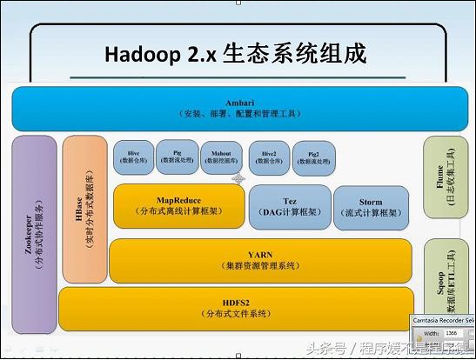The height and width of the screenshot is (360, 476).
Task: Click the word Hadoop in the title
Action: click(140, 53)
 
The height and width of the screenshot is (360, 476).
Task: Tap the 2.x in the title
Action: click(197, 53)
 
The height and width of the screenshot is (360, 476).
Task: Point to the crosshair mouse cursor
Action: click(238, 178)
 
